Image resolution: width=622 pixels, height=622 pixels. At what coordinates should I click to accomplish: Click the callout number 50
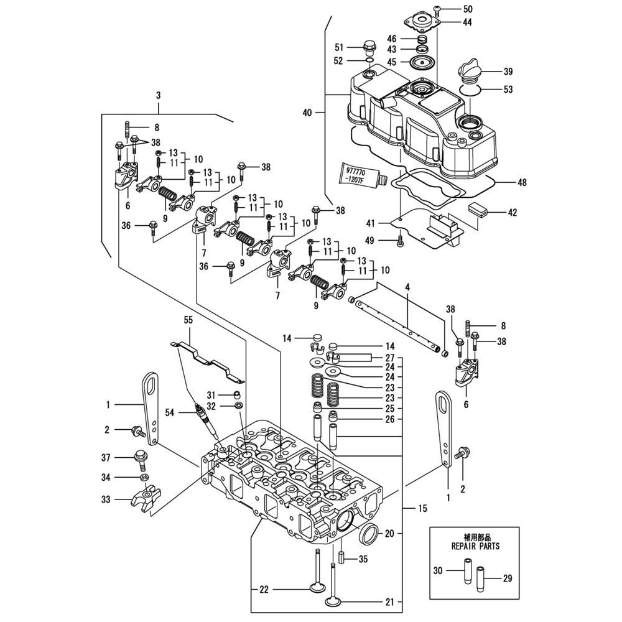tap(468, 9)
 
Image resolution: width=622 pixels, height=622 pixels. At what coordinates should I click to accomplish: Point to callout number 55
tap(188, 320)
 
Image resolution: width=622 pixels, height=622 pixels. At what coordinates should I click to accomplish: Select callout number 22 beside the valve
tap(264, 588)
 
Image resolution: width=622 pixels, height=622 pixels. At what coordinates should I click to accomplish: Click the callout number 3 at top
tap(158, 96)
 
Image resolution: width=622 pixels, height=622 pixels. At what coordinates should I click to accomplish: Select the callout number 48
tap(522, 183)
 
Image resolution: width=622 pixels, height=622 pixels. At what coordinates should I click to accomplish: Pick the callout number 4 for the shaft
tap(407, 288)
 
